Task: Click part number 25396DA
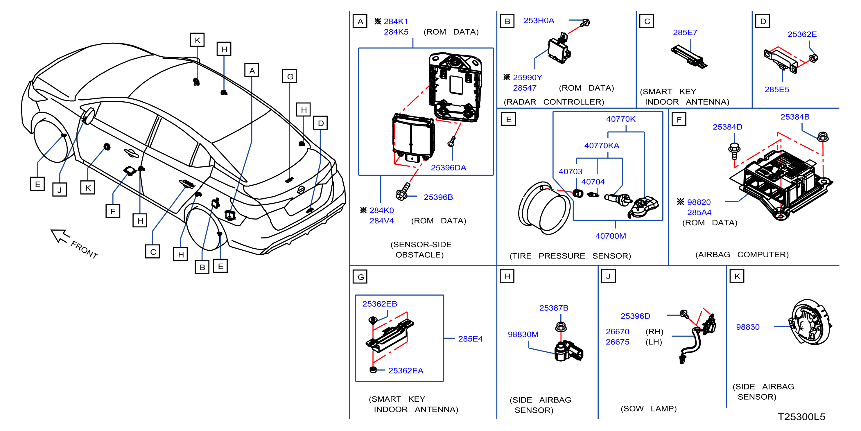pos(448,167)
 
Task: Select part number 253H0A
pos(539,20)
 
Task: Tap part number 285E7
pos(685,33)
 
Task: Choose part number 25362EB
pos(379,304)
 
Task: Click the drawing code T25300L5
pos(801,417)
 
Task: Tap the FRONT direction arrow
pos(60,236)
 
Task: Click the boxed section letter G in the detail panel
pos(360,277)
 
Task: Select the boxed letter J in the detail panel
pos(608,276)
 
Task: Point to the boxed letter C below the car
pos(153,252)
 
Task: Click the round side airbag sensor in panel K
pos(810,323)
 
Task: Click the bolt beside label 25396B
pos(402,192)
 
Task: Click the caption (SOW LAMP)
pos(648,408)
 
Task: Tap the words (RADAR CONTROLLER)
pos(554,102)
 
